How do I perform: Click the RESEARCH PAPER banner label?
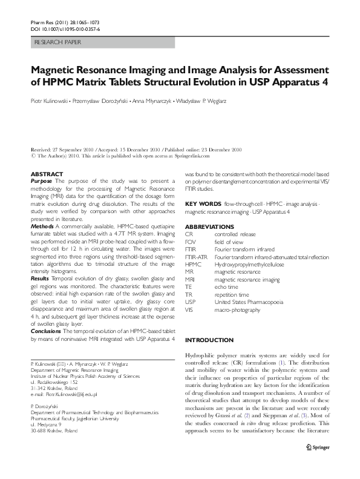54,42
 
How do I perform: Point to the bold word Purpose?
41,181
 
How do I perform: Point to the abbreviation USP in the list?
190,301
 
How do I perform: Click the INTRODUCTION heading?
209,340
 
